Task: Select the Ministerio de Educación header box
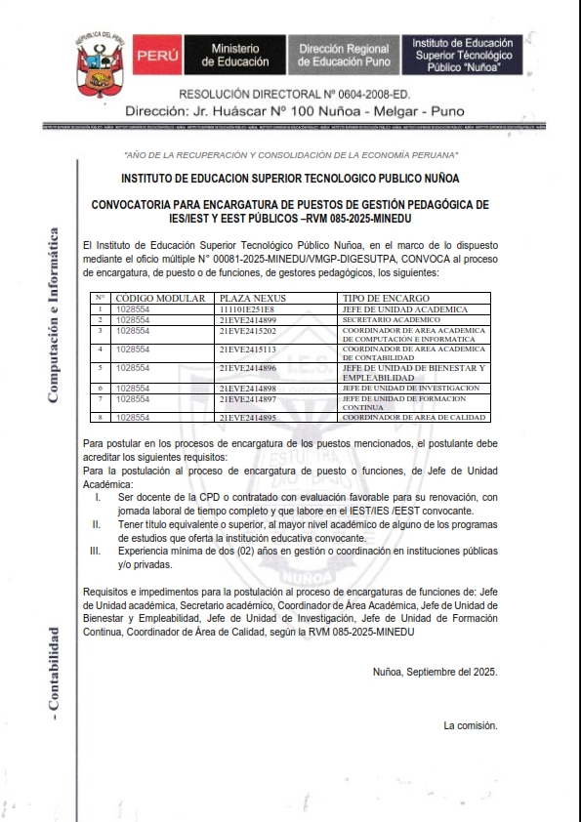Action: [234, 55]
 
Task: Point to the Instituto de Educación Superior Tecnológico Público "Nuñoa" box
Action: [456, 55]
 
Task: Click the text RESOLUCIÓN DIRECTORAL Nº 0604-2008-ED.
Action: [302, 95]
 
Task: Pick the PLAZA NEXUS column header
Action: [250, 298]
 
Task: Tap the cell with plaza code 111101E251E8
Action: [247, 308]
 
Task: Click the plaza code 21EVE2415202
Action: [248, 330]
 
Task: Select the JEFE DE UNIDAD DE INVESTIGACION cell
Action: [410, 388]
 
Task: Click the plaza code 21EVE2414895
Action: [248, 417]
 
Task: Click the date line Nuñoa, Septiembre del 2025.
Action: [436, 671]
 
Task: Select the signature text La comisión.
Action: [471, 725]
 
